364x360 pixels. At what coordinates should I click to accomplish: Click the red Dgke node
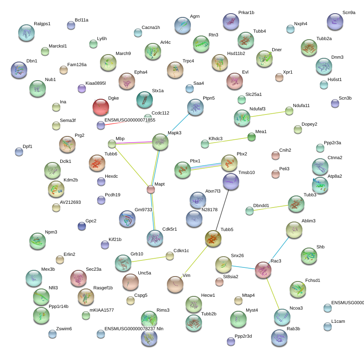[101, 107]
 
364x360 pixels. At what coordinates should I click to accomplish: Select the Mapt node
[151, 190]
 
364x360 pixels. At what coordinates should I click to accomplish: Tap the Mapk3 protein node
[160, 142]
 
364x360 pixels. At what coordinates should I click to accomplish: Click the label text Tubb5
[227, 229]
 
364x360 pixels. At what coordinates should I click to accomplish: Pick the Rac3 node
[263, 270]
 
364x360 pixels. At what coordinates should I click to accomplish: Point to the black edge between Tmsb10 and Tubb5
[222, 210]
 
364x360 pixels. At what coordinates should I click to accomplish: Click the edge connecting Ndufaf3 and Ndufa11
[268, 114]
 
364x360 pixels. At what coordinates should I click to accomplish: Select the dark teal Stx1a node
[145, 100]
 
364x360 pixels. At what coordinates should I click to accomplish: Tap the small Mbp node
[112, 144]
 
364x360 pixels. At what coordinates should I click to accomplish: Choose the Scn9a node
[335, 22]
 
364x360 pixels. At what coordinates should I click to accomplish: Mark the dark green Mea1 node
[251, 137]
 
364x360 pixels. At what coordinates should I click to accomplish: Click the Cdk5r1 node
[155, 238]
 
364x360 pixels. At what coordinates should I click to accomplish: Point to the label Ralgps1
[42, 24]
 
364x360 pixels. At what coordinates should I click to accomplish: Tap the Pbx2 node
[229, 163]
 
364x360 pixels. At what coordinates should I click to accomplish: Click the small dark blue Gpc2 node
[82, 226]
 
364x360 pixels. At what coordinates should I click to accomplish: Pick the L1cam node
[328, 327]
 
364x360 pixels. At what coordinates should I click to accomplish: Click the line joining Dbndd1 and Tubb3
[271, 208]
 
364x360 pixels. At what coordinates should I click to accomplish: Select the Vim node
[175, 284]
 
